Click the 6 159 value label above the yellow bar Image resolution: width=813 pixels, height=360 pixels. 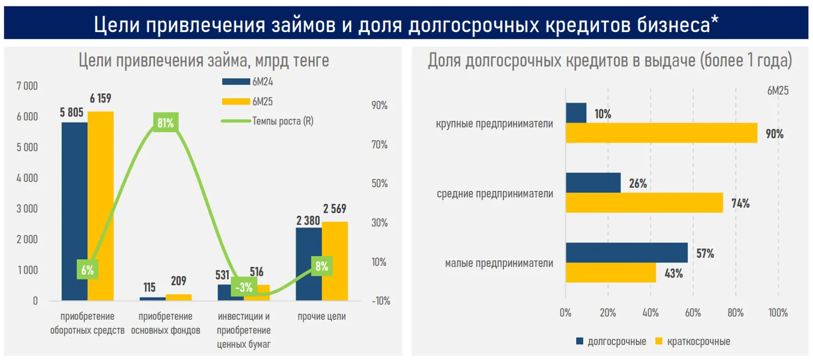[x=100, y=99]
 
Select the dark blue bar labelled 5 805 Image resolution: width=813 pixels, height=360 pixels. [x=75, y=211]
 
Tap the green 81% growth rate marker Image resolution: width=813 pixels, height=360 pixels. [x=165, y=123]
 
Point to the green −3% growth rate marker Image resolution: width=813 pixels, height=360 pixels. [x=243, y=287]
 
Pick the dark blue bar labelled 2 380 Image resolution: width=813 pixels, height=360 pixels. [x=309, y=264]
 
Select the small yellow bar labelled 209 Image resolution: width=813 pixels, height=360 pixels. [x=179, y=297]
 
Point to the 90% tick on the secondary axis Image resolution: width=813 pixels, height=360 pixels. [x=379, y=106]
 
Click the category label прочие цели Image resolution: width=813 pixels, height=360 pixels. [x=322, y=317]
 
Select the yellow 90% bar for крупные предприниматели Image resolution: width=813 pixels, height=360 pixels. [x=661, y=133]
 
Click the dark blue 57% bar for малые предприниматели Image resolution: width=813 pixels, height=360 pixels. [x=626, y=253]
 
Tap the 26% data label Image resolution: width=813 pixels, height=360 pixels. [x=638, y=183]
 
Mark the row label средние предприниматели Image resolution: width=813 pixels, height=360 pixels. [x=495, y=194]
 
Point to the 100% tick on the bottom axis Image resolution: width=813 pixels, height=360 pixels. [x=778, y=313]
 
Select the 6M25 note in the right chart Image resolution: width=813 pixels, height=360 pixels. [x=778, y=91]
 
